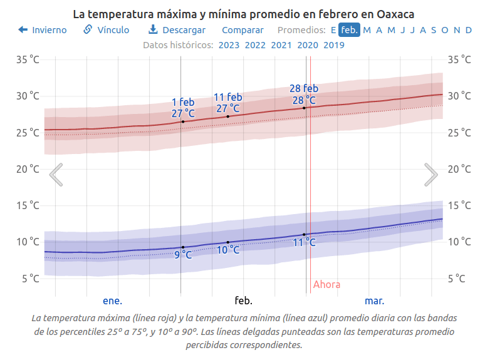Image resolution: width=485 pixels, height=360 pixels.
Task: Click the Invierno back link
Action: (x=43, y=30)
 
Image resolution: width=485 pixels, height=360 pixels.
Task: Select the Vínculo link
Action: (x=107, y=30)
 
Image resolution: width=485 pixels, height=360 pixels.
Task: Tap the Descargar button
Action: (x=177, y=30)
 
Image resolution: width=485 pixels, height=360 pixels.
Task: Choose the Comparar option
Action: (x=242, y=30)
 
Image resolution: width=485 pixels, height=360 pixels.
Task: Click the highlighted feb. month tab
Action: (x=349, y=30)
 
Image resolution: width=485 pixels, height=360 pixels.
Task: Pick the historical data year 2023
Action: (x=229, y=44)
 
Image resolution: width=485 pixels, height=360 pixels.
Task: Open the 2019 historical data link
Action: (x=334, y=44)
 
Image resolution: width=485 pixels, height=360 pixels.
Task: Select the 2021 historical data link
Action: (x=281, y=44)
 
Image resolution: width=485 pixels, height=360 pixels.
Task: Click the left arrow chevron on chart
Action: (x=56, y=175)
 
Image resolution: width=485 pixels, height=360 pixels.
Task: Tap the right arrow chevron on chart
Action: (x=430, y=175)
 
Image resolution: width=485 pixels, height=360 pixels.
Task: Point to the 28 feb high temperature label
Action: (x=304, y=94)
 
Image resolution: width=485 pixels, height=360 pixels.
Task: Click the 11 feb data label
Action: (x=228, y=103)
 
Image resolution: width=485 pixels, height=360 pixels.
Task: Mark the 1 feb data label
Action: (x=183, y=107)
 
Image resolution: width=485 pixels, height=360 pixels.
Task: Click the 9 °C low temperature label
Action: (x=183, y=255)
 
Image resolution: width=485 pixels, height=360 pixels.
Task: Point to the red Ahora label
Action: (x=326, y=285)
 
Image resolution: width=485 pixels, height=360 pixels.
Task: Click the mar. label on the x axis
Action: (x=374, y=301)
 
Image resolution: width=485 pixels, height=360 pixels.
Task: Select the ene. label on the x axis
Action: (x=112, y=301)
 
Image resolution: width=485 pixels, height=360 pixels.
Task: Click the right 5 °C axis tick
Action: (x=455, y=278)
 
